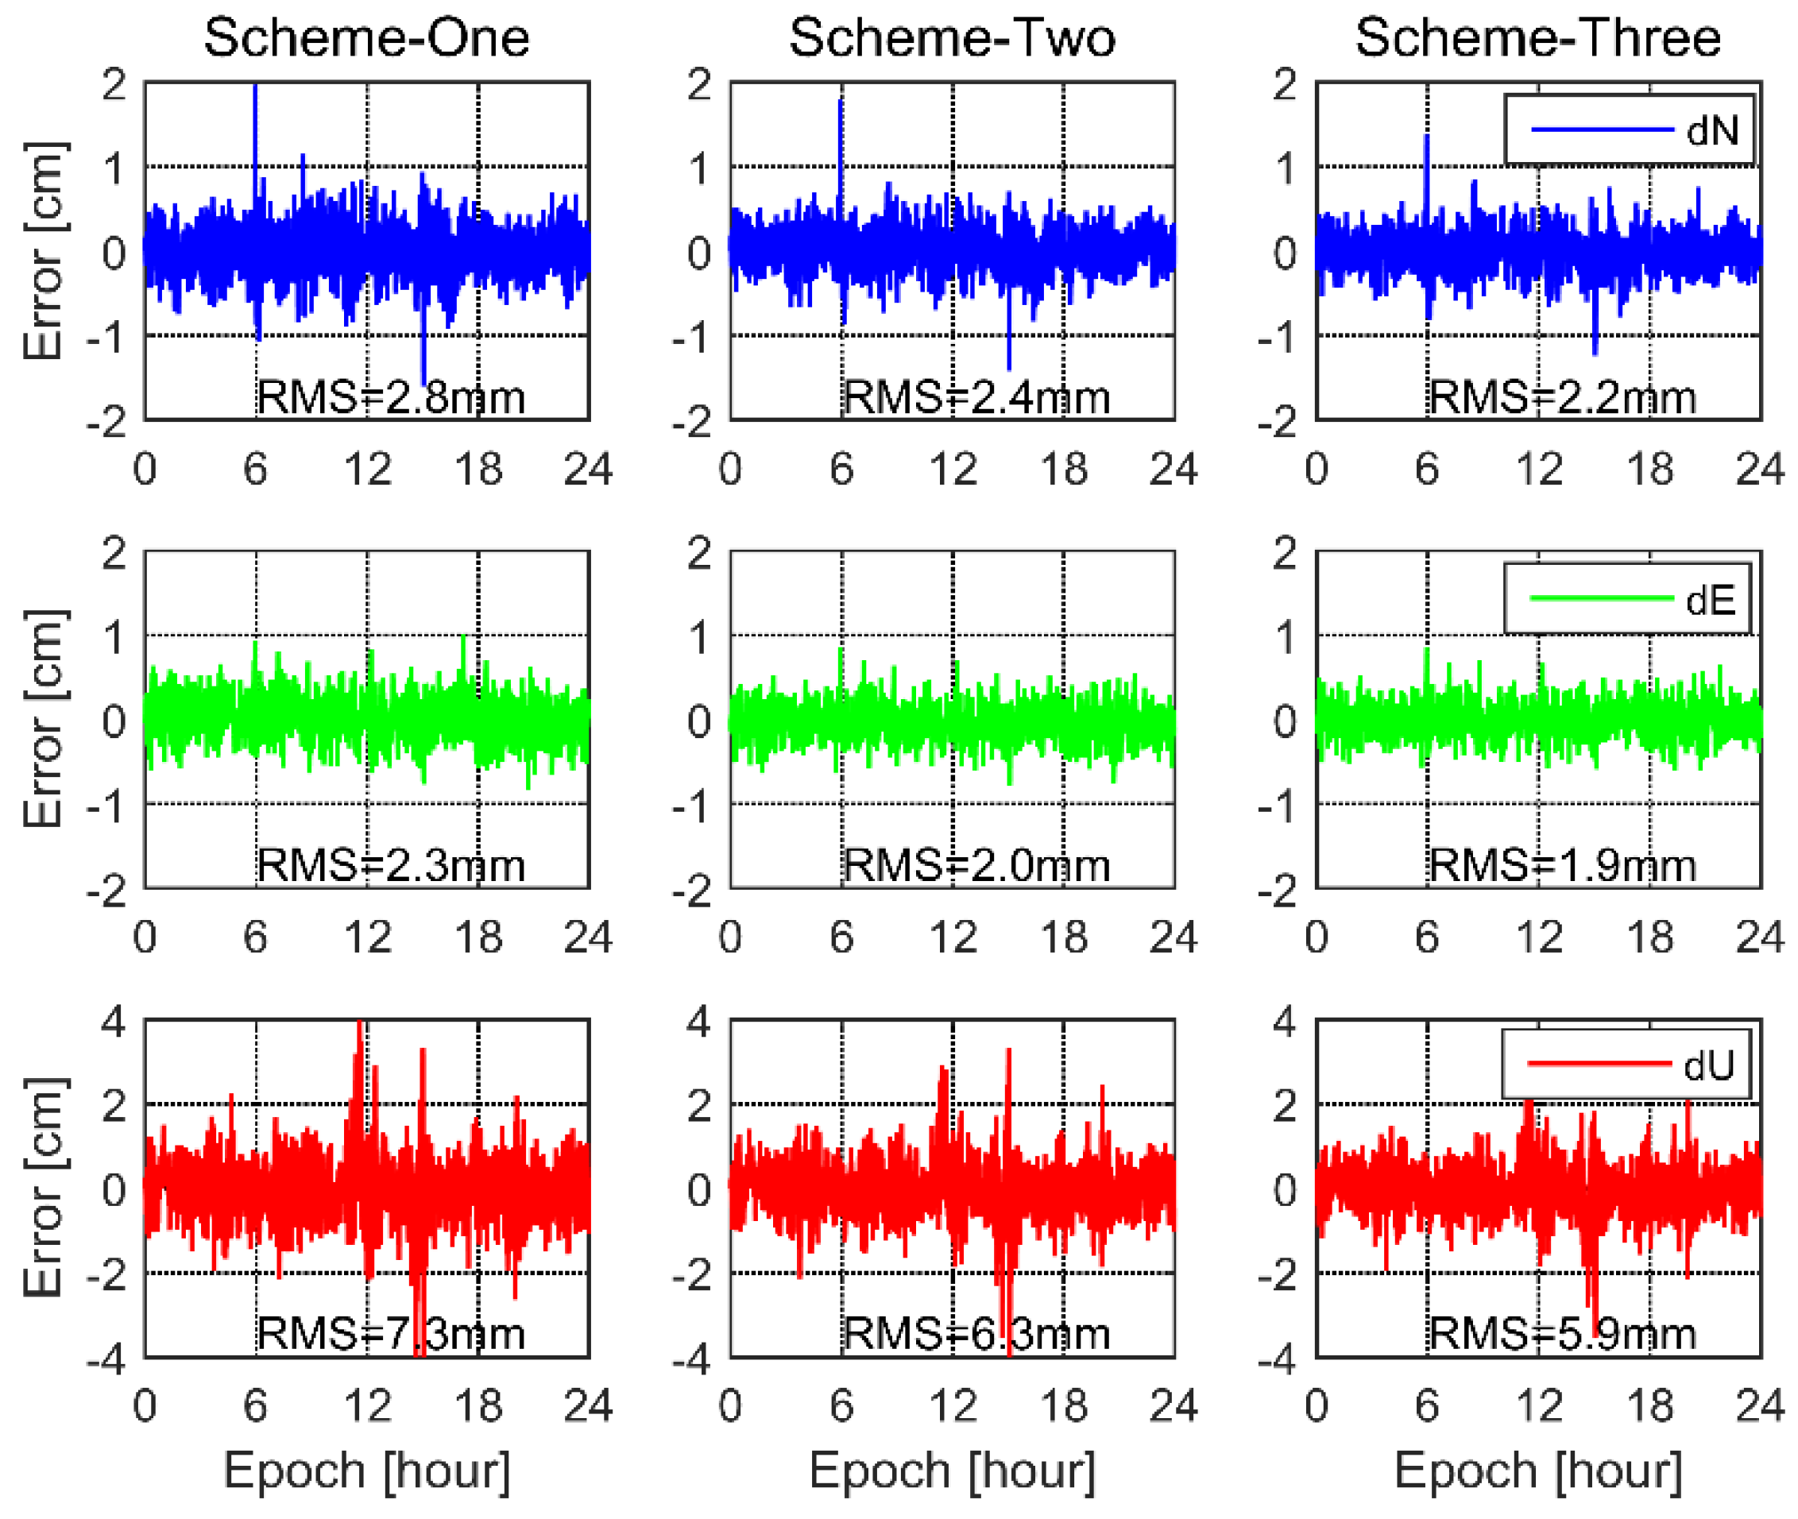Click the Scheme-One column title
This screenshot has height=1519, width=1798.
pos(366,38)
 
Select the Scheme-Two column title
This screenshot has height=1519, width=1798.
pos(952,38)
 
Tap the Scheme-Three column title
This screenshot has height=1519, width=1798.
pos(1537,38)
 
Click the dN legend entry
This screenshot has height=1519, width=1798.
pos(1627,130)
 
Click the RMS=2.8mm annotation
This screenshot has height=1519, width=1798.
pos(391,398)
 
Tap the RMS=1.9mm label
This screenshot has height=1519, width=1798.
pos(1562,865)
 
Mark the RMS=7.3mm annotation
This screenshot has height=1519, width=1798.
pos(391,1334)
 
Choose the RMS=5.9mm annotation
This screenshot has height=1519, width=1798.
pos(1562,1334)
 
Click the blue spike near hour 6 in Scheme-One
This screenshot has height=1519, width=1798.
pos(255,129)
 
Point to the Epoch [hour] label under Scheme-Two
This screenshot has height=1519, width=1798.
pos(952,1470)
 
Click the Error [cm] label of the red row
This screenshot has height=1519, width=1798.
pos(43,1189)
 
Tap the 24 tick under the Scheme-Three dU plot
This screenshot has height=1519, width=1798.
pos(1759,1405)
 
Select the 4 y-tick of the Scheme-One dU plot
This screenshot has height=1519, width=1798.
pos(114,1022)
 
